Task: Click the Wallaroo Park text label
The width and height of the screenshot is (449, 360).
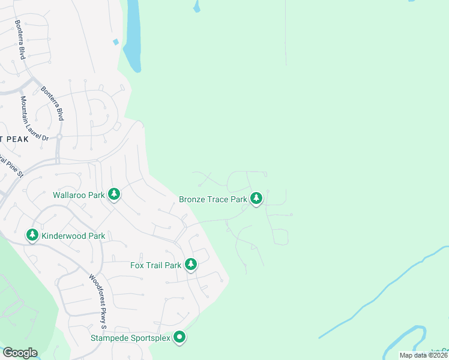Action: click(79, 195)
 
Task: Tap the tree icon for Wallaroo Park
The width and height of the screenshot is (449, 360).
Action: click(114, 194)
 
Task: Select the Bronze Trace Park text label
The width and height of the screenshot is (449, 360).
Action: click(213, 199)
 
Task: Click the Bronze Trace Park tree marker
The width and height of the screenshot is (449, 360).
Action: click(256, 198)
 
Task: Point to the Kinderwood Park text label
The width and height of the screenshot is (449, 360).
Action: click(73, 236)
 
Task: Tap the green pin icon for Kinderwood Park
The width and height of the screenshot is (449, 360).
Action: click(32, 235)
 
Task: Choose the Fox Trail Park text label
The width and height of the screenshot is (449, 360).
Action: click(155, 265)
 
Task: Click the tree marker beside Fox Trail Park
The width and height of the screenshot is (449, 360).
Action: click(191, 264)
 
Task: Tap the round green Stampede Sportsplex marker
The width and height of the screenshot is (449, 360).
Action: click(179, 338)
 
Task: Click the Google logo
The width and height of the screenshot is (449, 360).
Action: click(19, 353)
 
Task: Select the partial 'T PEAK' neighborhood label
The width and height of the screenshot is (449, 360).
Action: click(14, 139)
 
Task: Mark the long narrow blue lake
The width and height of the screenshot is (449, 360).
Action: click(133, 36)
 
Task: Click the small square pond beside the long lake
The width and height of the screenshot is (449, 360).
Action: click(115, 41)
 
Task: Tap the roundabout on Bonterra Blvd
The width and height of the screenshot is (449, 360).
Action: click(59, 137)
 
